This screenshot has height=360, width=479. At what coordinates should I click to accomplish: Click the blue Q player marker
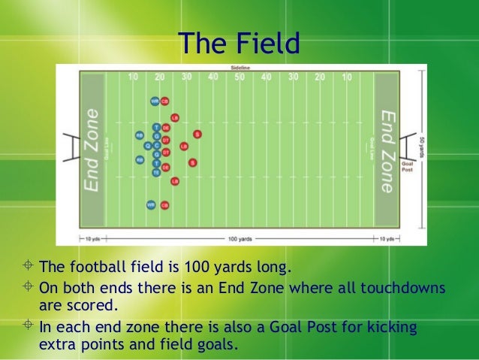(147, 145)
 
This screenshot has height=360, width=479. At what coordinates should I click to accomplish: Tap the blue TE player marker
(156, 172)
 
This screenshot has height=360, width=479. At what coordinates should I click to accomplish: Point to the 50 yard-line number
(239, 77)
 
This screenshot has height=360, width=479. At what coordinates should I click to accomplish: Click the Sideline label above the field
(240, 68)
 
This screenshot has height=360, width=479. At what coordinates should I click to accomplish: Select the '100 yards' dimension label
(239, 239)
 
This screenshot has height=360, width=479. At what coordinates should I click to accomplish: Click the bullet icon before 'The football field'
(28, 267)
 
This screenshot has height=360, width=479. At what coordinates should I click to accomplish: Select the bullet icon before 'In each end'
(28, 328)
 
